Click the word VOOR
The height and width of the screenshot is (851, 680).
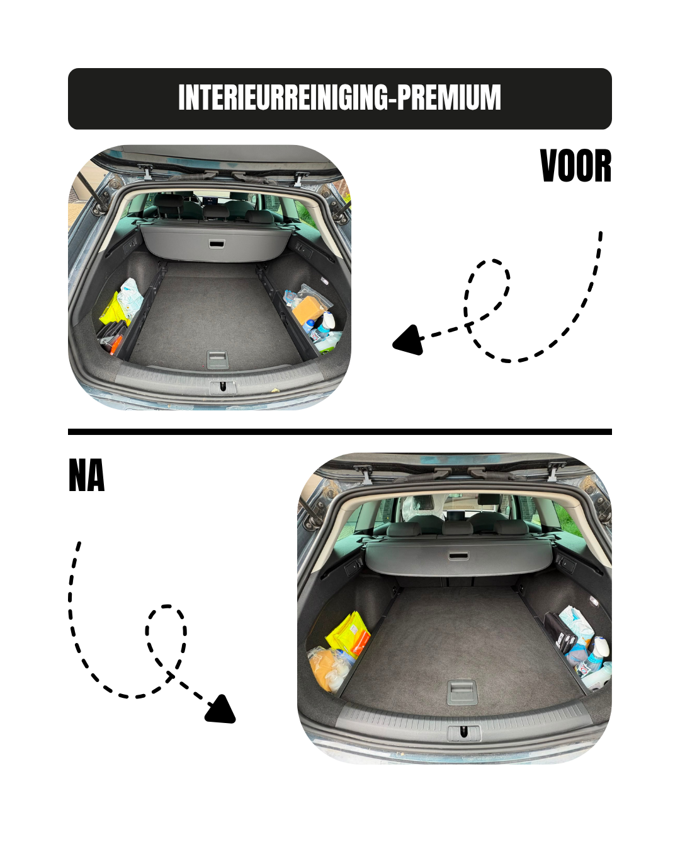tap(575, 166)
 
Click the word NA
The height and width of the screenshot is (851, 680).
tap(86, 475)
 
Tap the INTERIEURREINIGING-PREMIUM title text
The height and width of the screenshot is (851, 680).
tap(339, 97)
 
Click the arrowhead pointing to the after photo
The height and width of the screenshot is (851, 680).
tap(221, 709)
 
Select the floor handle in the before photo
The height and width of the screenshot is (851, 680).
tap(217, 359)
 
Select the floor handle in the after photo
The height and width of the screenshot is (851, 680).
tap(462, 692)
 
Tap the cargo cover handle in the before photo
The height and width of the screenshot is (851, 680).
tap(217, 244)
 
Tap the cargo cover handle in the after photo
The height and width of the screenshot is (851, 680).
tap(458, 556)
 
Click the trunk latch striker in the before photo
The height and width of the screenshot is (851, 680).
tap(224, 387)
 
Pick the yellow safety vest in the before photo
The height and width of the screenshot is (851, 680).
tap(114, 310)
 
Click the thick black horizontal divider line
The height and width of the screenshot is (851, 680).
tap(340, 432)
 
